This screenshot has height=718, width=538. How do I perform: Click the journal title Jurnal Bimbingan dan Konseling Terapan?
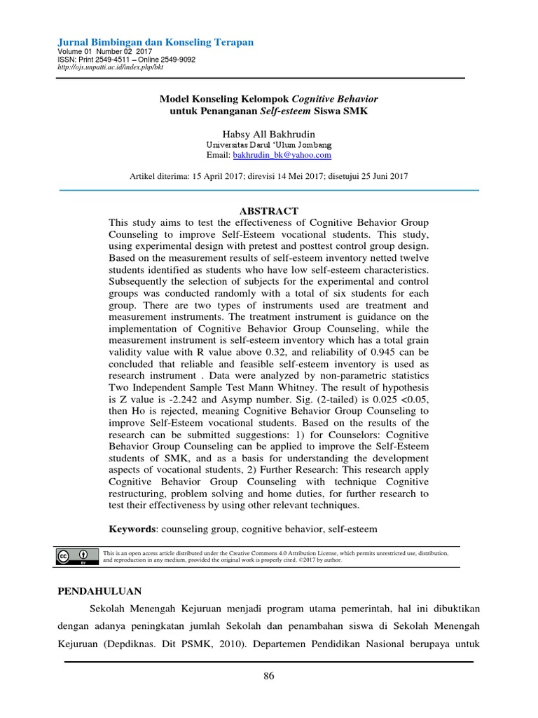155,43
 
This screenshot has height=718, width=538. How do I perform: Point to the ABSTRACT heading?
269,211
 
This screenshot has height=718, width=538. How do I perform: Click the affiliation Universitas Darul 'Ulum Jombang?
269,144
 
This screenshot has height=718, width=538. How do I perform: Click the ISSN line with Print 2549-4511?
126,60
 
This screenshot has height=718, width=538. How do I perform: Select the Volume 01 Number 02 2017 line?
104,52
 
